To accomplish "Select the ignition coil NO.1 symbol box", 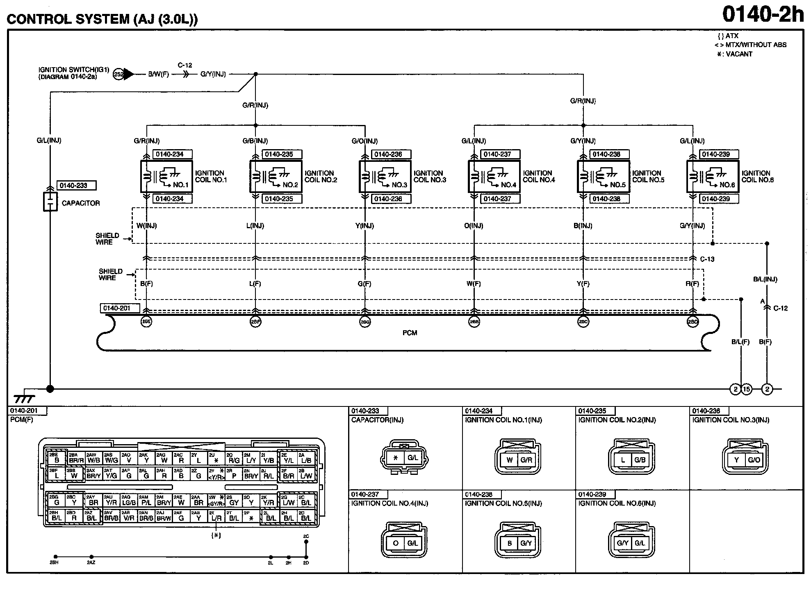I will [x=166, y=176].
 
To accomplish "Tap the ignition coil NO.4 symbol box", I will [x=494, y=176].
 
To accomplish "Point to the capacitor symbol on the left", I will [x=50, y=202].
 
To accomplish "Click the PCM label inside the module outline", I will [x=410, y=333].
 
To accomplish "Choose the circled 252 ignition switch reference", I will [x=119, y=75].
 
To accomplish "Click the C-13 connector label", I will [x=707, y=259].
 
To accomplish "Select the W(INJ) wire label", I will [x=146, y=226].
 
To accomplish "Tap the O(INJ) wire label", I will [x=474, y=226].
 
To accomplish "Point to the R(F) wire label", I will [x=692, y=284].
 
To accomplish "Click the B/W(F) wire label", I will [x=158, y=75].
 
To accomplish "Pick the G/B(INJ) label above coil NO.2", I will [x=255, y=141].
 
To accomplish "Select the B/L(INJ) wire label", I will [x=765, y=279].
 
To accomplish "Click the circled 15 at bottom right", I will [x=747, y=389].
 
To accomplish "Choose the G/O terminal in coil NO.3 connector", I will [x=754, y=460].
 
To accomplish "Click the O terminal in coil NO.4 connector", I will [x=396, y=543].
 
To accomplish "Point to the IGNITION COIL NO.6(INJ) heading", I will [x=617, y=503].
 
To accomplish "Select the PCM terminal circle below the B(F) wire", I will [x=146, y=322].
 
